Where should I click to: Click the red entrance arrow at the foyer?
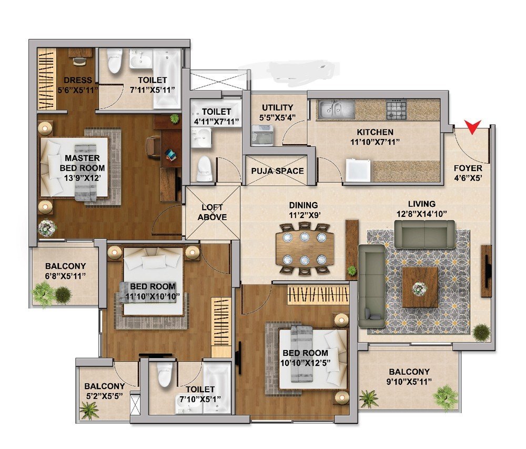pyautogui.click(x=472, y=126)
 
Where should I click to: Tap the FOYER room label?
pyautogui.click(x=468, y=168)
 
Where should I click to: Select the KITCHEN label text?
pyautogui.click(x=375, y=132)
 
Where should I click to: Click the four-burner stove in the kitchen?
pyautogui.click(x=396, y=109)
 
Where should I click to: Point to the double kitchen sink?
pyautogui.click(x=336, y=109)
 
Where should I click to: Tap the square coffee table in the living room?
pyautogui.click(x=420, y=287)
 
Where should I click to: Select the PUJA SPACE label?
pyautogui.click(x=277, y=171)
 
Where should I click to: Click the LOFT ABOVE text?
pyautogui.click(x=212, y=212)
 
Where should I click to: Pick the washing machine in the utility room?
pyautogui.click(x=262, y=135)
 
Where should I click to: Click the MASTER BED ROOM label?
pyautogui.click(x=82, y=163)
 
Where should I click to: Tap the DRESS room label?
pyautogui.click(x=78, y=80)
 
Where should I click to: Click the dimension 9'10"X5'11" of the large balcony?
pyautogui.click(x=409, y=382)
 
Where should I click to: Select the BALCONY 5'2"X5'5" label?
pyautogui.click(x=104, y=391)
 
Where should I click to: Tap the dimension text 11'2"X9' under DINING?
pyautogui.click(x=304, y=215)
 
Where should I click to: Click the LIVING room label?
pyautogui.click(x=422, y=204)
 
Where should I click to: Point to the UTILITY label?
pyautogui.click(x=277, y=108)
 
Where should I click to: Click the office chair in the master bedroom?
pyautogui.click(x=153, y=146)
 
